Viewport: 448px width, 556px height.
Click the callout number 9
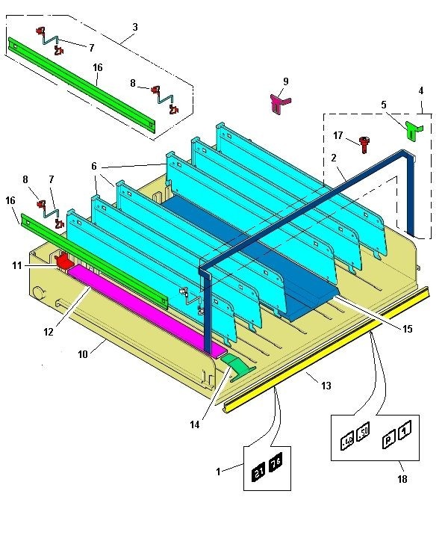(x=285, y=81)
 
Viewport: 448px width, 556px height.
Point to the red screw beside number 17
(x=364, y=143)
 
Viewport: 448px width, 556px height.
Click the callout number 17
(x=338, y=135)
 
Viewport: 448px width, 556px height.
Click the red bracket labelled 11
(x=65, y=262)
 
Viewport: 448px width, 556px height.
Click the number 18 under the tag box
(x=402, y=478)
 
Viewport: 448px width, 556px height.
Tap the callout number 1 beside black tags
(x=219, y=472)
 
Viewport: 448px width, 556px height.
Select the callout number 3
(x=134, y=27)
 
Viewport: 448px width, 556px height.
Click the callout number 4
(x=420, y=90)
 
